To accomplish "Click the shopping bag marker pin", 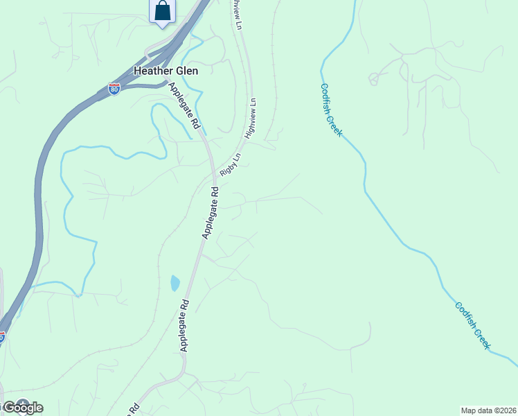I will (162, 12).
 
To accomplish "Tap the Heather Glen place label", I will (166, 71).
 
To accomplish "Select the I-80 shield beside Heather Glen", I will (114, 89).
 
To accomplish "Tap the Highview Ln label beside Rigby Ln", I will (251, 116).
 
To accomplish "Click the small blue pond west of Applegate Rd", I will (175, 283).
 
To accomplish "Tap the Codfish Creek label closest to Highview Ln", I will (331, 110).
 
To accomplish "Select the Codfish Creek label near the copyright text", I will (473, 325).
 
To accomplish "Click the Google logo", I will (23, 408).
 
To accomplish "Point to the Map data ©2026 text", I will (488, 410).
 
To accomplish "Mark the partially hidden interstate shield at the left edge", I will (2, 337).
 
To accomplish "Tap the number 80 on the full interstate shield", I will (114, 90).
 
